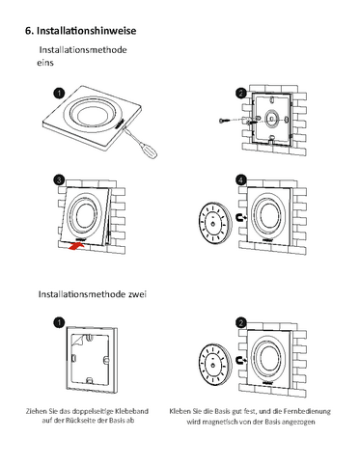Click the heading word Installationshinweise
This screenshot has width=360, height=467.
(86, 31)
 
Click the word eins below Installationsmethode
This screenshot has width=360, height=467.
(45, 63)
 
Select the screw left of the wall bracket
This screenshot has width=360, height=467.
(224, 121)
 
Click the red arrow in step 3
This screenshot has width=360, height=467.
(76, 246)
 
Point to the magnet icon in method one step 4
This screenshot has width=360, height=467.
(241, 217)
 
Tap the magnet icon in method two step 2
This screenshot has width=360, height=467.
(241, 360)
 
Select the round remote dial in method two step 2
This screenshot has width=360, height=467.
(214, 364)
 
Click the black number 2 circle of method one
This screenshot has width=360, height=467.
(241, 94)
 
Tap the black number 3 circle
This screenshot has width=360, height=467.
(59, 180)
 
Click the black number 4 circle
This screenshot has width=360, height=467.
(241, 180)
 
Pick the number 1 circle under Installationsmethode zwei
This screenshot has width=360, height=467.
(59, 322)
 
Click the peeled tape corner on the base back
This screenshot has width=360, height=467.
(77, 340)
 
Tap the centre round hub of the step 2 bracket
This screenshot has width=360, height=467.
(271, 119)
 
